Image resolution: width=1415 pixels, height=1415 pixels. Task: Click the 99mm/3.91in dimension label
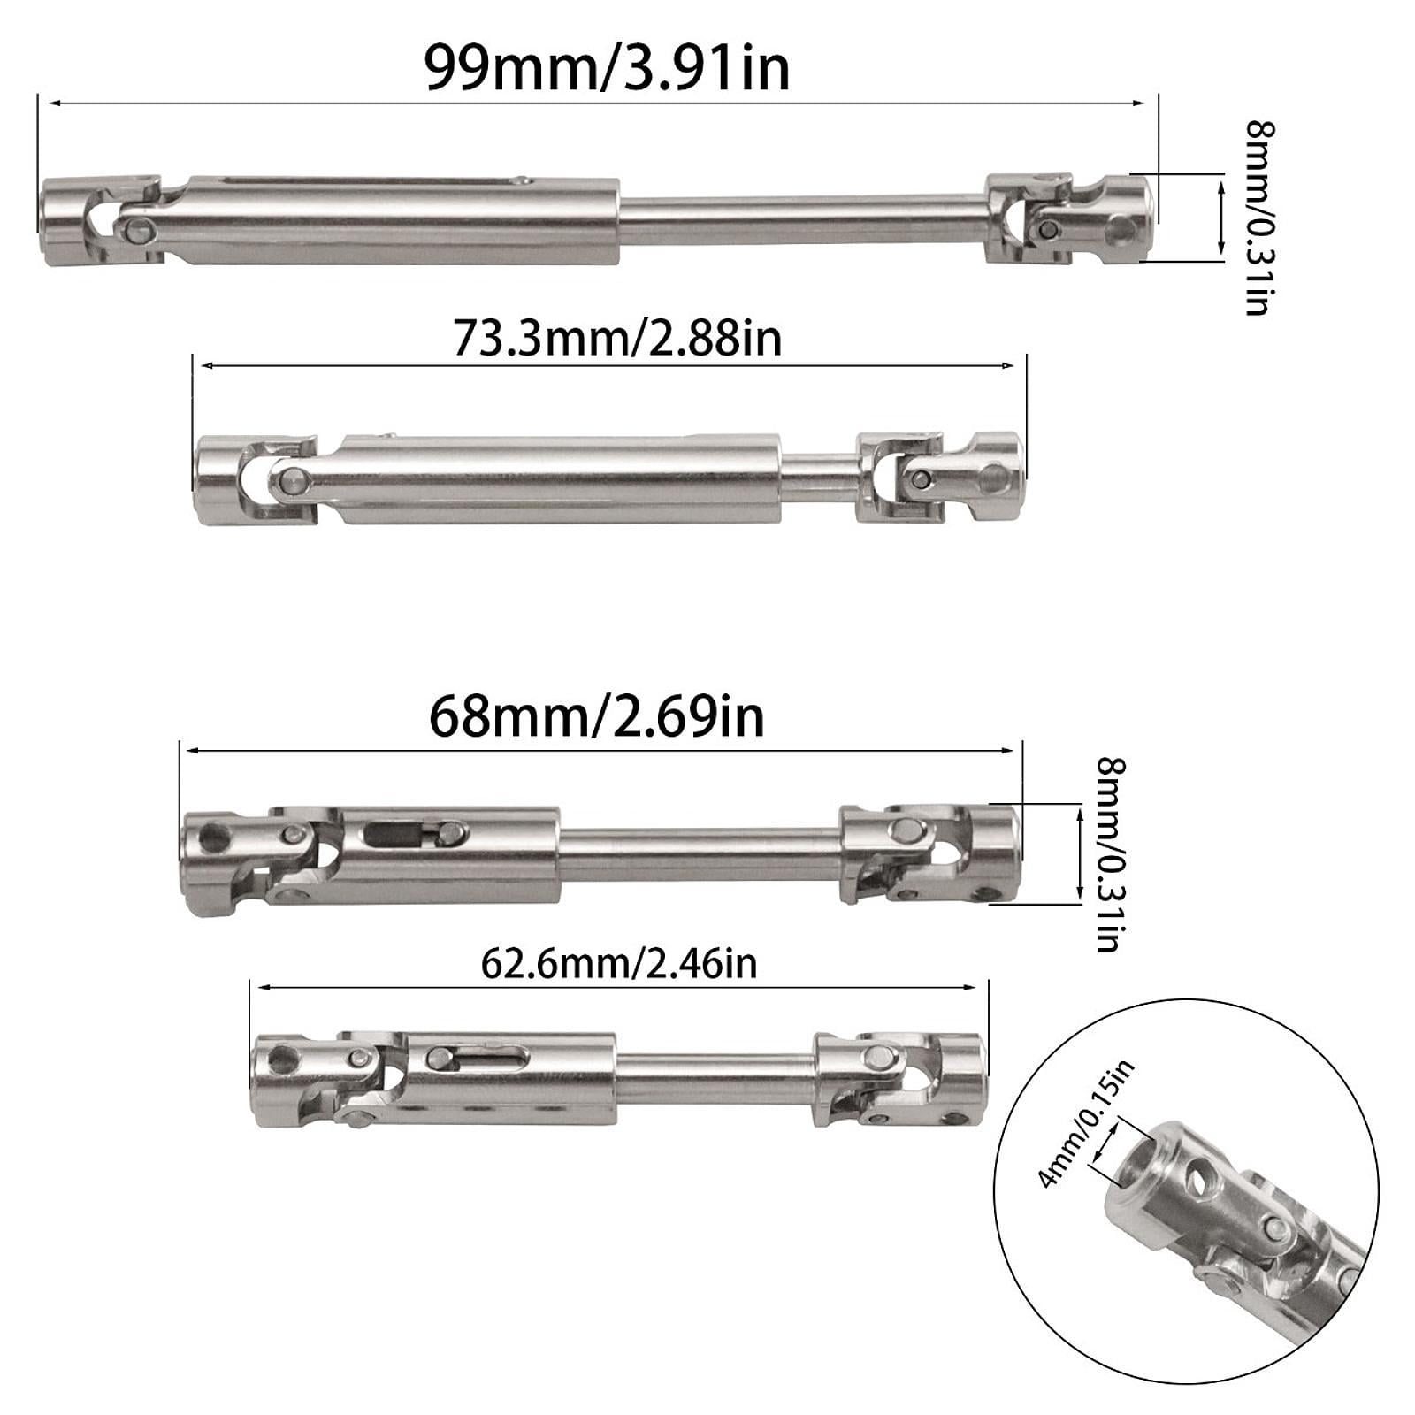pos(607,68)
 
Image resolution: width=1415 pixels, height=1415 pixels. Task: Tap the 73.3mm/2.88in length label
pos(617,338)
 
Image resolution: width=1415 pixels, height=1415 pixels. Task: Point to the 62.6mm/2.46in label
pos(619,963)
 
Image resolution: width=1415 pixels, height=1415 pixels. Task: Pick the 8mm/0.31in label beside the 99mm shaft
pos(1258,218)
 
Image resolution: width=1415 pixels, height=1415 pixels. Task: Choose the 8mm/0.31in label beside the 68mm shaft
pos(1110,854)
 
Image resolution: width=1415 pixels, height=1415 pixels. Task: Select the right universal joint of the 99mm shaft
pos(1070,218)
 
